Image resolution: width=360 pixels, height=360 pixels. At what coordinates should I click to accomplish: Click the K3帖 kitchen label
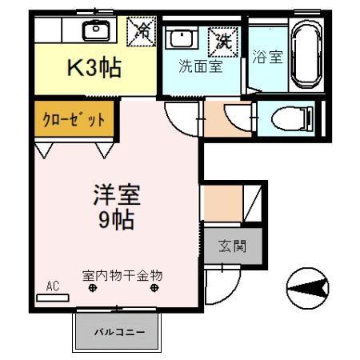(94, 69)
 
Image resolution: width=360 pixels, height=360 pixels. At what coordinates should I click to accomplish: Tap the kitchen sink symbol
(96, 30)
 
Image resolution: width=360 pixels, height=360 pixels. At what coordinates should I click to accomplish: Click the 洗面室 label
(200, 66)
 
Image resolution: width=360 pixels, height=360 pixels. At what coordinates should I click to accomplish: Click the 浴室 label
(266, 58)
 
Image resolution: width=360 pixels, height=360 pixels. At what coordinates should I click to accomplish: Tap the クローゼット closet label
(73, 118)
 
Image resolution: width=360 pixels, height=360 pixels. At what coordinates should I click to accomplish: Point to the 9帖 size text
(116, 219)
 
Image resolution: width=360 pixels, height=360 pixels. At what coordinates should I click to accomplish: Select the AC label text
(53, 286)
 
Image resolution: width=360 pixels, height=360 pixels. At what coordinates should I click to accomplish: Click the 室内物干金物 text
(122, 275)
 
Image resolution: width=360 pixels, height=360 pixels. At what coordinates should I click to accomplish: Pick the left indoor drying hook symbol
(92, 290)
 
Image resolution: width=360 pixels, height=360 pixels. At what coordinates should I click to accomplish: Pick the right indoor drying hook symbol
(151, 290)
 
